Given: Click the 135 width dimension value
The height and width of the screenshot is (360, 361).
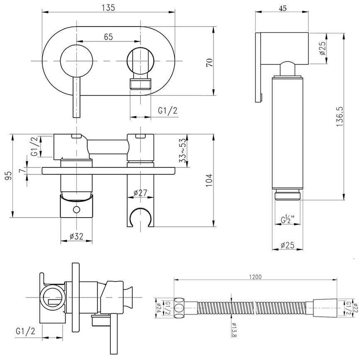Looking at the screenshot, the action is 108,7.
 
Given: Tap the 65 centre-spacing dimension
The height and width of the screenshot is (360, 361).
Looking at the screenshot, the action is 108,37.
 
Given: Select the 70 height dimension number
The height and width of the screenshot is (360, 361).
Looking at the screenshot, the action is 210,63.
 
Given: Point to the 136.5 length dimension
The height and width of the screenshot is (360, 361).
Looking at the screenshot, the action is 340,117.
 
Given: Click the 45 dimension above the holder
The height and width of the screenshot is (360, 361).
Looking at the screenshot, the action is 283,8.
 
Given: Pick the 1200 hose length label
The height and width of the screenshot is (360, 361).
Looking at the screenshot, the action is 256,277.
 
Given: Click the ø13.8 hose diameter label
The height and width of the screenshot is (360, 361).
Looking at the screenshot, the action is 234,329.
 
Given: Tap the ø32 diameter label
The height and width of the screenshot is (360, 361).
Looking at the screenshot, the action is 76,236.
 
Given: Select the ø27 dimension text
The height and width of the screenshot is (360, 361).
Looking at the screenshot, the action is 140,193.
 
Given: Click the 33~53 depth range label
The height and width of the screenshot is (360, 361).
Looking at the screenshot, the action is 183,150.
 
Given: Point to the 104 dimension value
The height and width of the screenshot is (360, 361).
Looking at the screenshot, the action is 209,180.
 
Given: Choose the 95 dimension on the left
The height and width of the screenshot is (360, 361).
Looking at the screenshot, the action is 8,176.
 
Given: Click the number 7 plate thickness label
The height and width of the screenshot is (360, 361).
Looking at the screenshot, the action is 22,171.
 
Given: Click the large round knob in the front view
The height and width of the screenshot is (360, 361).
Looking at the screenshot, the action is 76,61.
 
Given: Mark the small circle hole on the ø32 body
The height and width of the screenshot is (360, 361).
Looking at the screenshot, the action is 76,210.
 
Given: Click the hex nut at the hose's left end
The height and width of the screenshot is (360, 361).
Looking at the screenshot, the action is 179,308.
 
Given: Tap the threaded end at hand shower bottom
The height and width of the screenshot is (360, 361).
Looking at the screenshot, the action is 288,195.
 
